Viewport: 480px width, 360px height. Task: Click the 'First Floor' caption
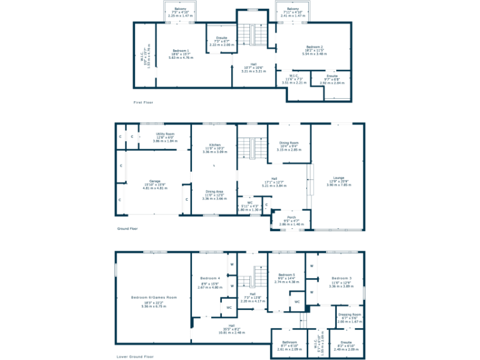coord(142,102)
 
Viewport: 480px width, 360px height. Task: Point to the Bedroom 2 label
coord(314,47)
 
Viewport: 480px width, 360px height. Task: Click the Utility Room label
coord(164,134)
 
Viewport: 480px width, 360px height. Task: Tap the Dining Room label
coord(289,143)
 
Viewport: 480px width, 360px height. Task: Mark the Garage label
coord(154,181)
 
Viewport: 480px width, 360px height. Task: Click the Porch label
coord(291,217)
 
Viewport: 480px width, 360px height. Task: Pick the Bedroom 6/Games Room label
coord(154,297)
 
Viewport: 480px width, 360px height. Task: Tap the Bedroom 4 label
coord(210,278)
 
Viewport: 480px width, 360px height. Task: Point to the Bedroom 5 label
coord(286,275)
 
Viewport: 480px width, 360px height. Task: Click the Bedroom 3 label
coord(341,278)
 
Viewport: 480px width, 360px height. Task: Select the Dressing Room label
coord(349,314)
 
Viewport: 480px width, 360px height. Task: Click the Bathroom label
coord(289,342)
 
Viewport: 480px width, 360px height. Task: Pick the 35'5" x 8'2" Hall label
coord(231,326)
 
